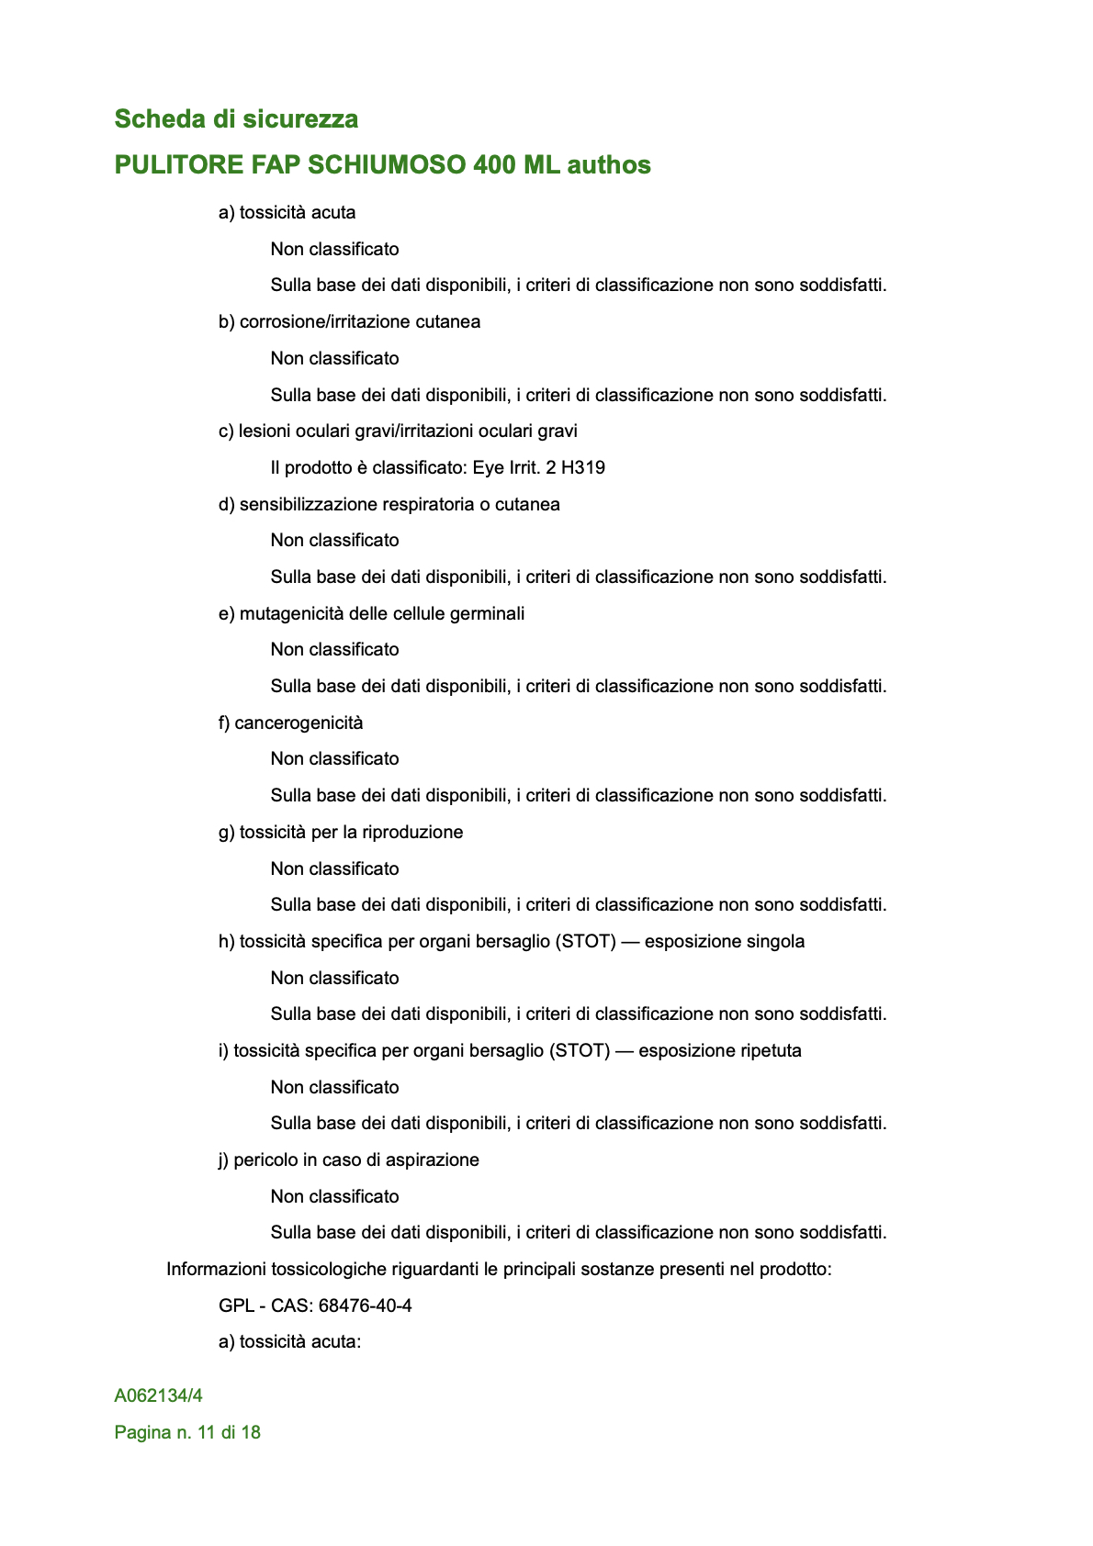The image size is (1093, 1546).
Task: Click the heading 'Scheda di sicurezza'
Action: click(236, 119)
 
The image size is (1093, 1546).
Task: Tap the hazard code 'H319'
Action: click(583, 468)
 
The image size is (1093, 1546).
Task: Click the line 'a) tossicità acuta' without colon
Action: click(287, 213)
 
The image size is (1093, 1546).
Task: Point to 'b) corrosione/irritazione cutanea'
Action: click(349, 322)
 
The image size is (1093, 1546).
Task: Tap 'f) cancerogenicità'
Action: click(290, 723)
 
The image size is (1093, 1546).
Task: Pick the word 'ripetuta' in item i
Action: click(765, 1051)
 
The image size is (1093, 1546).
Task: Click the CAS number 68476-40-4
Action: click(365, 1305)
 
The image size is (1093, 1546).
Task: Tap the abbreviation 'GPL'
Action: click(236, 1305)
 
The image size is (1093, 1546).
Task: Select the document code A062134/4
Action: click(158, 1396)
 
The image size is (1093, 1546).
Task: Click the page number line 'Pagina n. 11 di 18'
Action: click(187, 1433)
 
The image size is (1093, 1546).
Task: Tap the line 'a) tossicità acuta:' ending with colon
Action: click(289, 1342)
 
